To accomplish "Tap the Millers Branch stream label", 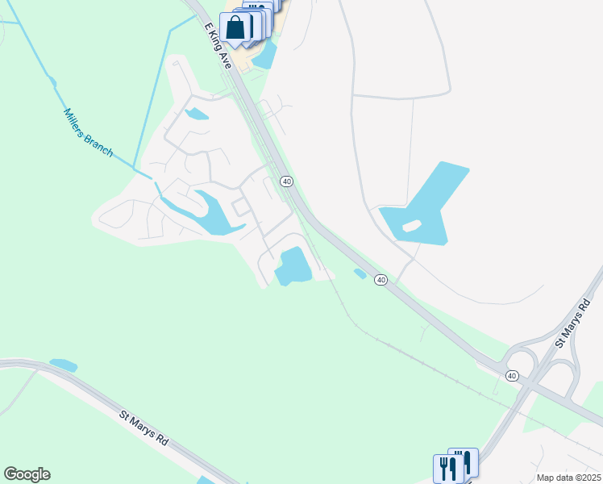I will [88, 133].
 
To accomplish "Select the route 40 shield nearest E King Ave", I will [286, 181].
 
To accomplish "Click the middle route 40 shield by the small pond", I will [381, 280].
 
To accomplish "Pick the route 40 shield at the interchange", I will [512, 376].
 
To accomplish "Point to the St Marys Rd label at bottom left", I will [143, 429].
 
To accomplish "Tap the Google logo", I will [27, 474].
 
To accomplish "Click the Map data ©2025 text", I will [568, 478].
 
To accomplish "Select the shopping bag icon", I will [235, 27].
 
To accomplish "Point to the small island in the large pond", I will [411, 226].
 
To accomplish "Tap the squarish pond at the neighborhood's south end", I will [293, 266].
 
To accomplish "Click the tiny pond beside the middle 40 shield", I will [360, 273].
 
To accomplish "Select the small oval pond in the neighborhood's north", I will [197, 115].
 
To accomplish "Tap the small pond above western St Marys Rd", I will [63, 365].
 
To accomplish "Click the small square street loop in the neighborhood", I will [241, 207].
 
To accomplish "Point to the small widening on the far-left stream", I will [52, 81].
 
